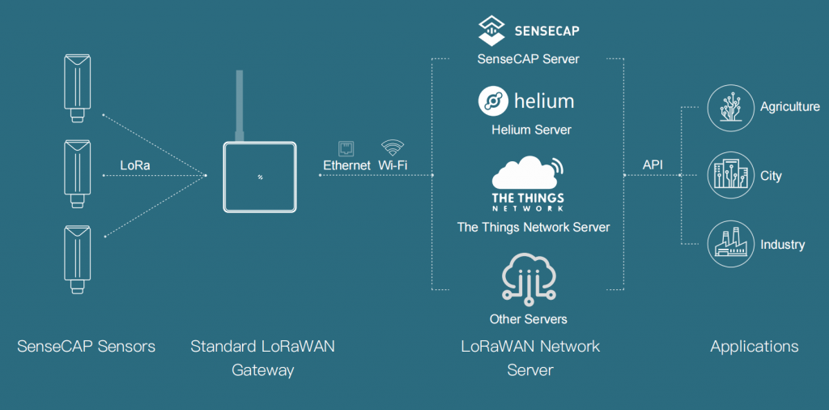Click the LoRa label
coord(135,165)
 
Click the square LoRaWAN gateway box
coord(260,176)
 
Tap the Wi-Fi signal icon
coord(393,147)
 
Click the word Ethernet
coord(346,165)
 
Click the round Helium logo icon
coord(492,101)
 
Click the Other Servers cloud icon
coord(528,278)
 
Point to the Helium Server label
coord(531,130)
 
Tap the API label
coord(653,165)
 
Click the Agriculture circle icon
coord(726,107)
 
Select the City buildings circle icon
coord(726,175)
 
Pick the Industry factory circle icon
coord(726,245)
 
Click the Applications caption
coord(754,347)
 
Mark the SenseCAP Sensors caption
coord(86,347)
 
